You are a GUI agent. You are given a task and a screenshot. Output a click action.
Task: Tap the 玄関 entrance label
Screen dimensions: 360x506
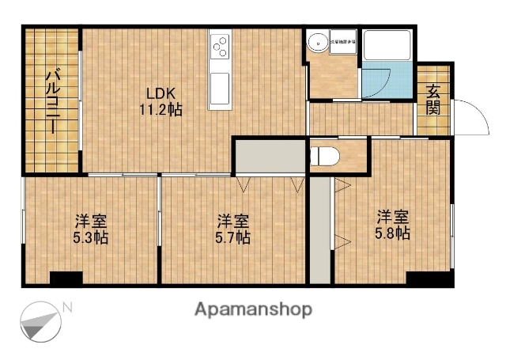coord(433,100)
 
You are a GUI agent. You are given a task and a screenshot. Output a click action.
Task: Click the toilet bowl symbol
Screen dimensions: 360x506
coord(324,155)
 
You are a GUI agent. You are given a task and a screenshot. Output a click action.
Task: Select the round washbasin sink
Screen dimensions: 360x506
coord(319,43)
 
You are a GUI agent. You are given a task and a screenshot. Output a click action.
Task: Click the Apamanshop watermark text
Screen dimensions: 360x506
coord(252,309)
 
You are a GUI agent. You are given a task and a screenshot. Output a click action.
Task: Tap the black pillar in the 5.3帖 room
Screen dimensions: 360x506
coord(66,279)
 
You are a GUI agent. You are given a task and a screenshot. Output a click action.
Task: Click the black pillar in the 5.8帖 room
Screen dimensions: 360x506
coord(430,279)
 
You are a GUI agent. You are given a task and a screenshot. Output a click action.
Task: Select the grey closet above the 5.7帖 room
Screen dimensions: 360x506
coord(269,156)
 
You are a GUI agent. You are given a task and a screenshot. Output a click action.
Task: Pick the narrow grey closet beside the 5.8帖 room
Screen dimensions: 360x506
coord(319,229)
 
